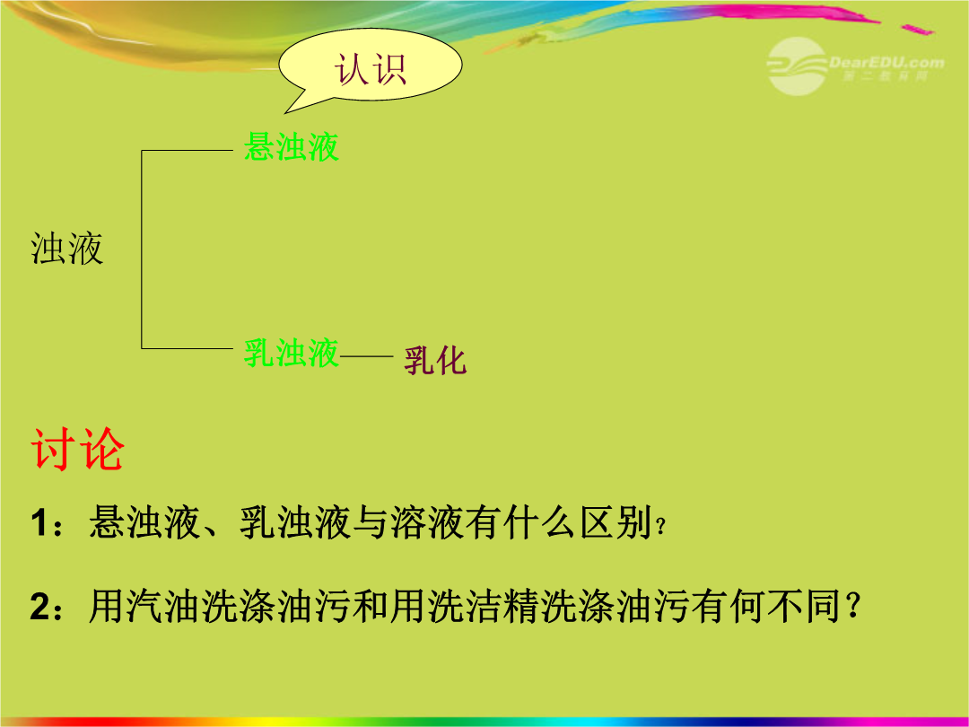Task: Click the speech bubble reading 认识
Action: coord(371,66)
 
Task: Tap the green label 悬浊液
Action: coord(291,147)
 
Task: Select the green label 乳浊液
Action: coord(291,353)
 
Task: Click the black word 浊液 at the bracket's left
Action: coord(66,250)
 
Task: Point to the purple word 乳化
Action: coord(435,361)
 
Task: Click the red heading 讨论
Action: coord(77,450)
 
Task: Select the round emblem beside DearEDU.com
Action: coord(796,66)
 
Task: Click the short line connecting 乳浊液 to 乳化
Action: coord(366,356)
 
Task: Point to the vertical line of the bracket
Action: coord(142,250)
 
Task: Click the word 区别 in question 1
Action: coord(615,523)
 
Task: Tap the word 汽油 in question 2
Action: coord(145,606)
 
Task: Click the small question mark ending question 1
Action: coord(660,527)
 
